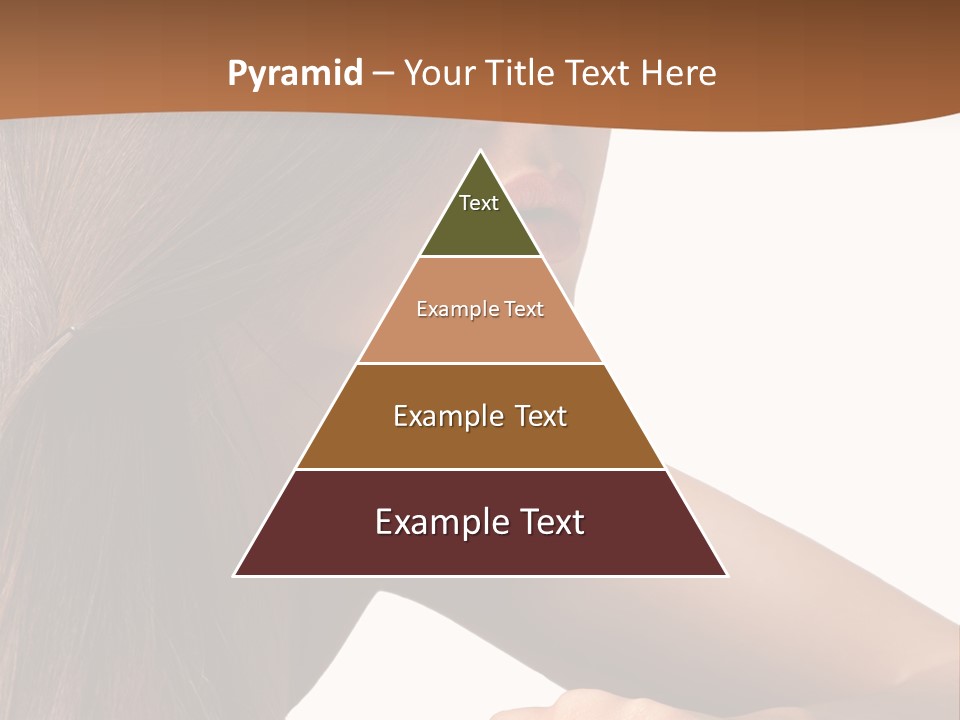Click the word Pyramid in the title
tap(294, 74)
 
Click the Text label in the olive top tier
tap(479, 203)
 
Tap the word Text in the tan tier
tap(525, 309)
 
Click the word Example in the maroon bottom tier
tap(437, 522)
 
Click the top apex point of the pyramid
tap(480, 152)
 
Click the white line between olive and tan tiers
tap(480, 257)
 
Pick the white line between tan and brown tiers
tap(480, 363)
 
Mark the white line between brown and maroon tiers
tap(480, 469)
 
